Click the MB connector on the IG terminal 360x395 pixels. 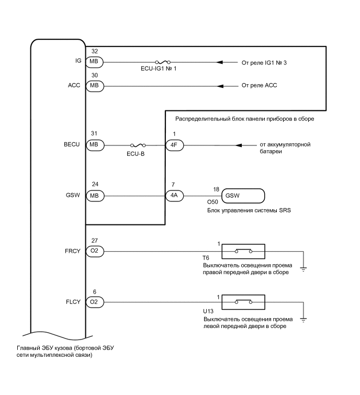pyautogui.click(x=94, y=62)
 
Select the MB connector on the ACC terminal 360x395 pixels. pyautogui.click(x=94, y=85)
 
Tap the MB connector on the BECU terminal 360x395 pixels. pyautogui.click(x=94, y=145)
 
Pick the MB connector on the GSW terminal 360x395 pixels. pyautogui.click(x=94, y=196)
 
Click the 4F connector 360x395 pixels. pyautogui.click(x=174, y=145)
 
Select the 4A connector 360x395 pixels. pyautogui.click(x=174, y=196)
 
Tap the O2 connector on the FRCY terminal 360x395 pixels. pyautogui.click(x=94, y=252)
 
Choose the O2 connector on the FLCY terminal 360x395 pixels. pyautogui.click(x=94, y=302)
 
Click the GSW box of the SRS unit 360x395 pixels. pyautogui.click(x=243, y=196)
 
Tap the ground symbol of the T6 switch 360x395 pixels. pyautogui.click(x=303, y=268)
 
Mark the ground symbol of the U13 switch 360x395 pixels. pyautogui.click(x=303, y=319)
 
